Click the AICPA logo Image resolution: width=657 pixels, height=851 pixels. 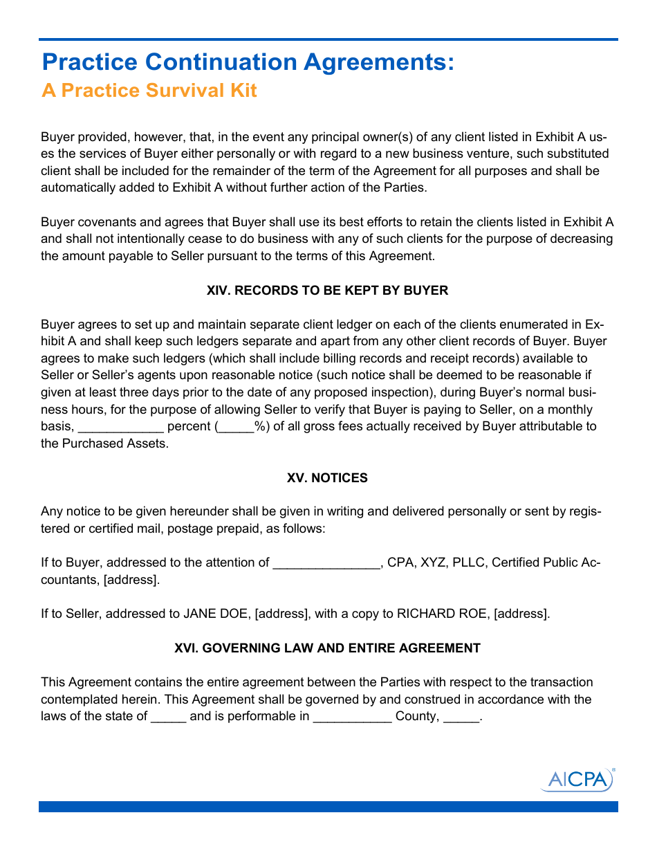tap(577, 779)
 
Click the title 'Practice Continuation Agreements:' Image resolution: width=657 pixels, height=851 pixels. tap(248, 62)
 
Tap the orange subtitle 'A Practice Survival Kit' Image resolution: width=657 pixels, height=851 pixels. tap(149, 91)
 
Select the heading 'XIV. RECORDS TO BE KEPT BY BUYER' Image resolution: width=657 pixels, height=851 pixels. tap(327, 291)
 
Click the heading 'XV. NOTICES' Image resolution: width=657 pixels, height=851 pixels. tap(327, 478)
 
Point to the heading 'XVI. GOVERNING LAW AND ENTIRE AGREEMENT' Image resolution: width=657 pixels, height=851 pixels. tap(327, 648)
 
